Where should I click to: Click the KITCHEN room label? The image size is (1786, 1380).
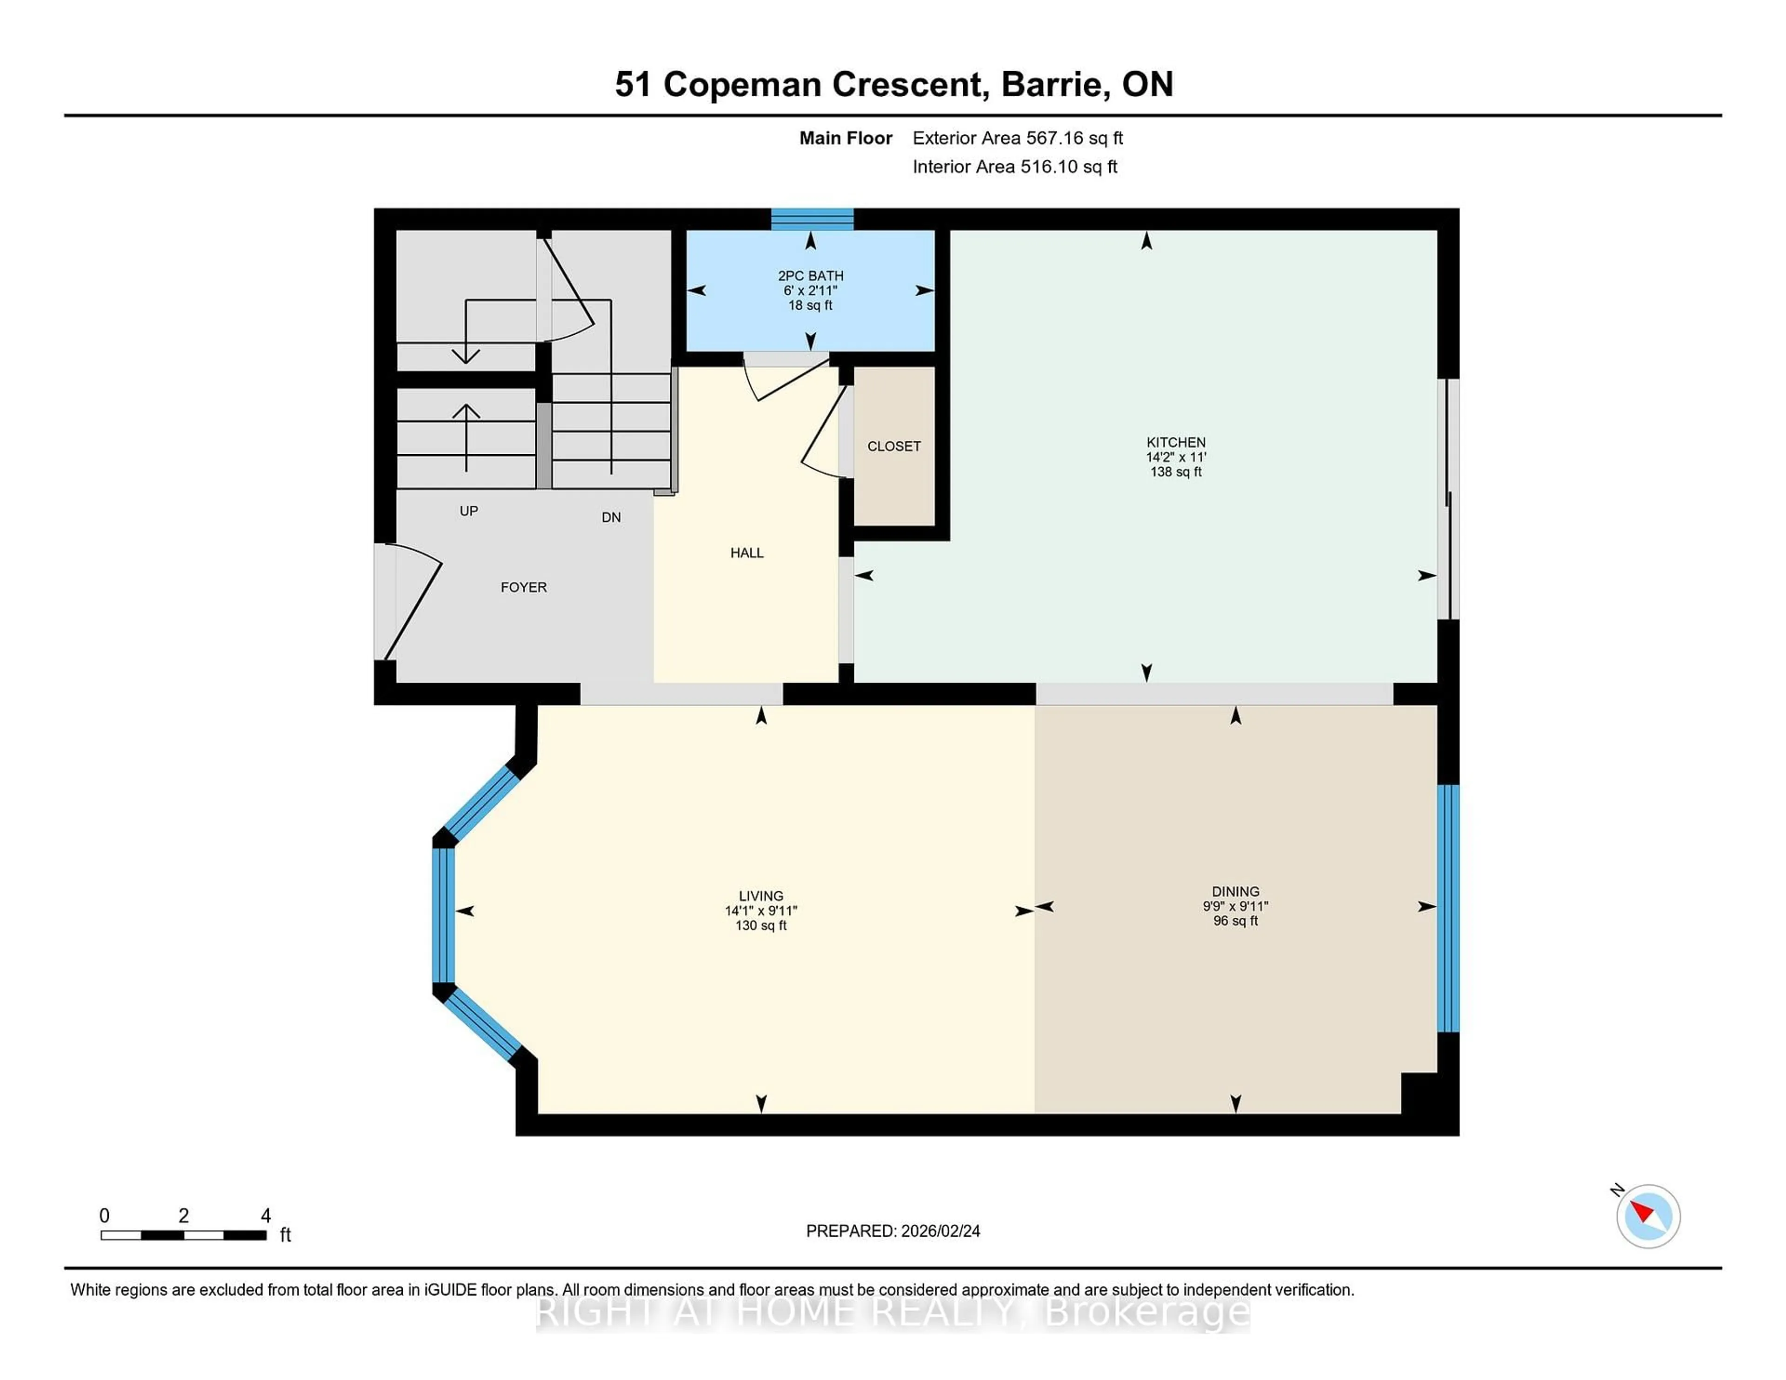pyautogui.click(x=1175, y=442)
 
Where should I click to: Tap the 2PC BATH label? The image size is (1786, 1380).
pyautogui.click(x=810, y=276)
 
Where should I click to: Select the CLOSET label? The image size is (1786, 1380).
pyautogui.click(x=894, y=446)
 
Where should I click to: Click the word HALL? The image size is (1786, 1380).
pyautogui.click(x=746, y=553)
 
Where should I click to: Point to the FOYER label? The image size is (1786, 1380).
pyautogui.click(x=523, y=587)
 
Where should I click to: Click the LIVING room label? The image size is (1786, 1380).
pyautogui.click(x=760, y=895)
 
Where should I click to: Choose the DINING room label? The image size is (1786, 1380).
pyautogui.click(x=1235, y=891)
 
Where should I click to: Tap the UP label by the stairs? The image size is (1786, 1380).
pyautogui.click(x=468, y=511)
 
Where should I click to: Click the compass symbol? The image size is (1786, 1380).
pyautogui.click(x=1648, y=1216)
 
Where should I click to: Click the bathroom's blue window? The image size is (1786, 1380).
pyautogui.click(x=812, y=219)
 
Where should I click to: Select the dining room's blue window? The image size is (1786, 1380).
pyautogui.click(x=1447, y=908)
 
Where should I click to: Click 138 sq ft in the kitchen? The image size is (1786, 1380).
pyautogui.click(x=1175, y=472)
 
